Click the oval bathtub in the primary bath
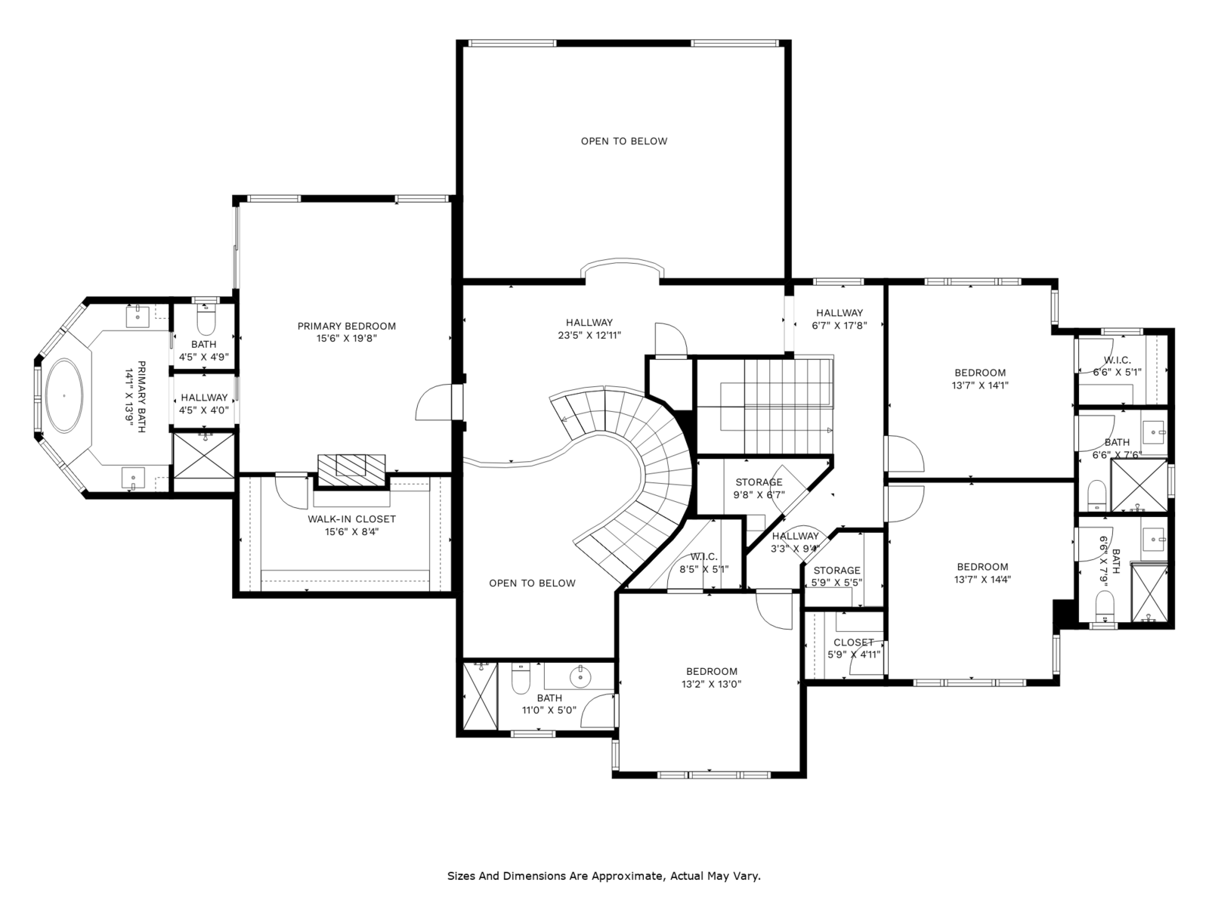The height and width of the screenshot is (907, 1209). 64,395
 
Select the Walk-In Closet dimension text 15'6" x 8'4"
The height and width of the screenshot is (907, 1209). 351,531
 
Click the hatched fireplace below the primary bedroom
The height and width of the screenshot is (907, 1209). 351,469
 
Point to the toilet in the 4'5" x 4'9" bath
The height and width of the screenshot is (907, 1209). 206,319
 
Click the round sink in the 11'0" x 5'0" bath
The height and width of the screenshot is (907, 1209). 580,676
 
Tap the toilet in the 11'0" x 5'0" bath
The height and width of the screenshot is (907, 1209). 521,679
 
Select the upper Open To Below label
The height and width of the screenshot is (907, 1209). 623,141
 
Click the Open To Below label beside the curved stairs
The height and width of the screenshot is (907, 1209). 532,584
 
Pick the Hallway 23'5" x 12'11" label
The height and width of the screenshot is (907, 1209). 589,329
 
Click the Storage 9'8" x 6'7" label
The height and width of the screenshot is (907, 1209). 759,488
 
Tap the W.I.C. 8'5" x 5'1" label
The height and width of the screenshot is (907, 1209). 703,563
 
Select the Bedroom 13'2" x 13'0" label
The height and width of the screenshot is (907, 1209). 711,678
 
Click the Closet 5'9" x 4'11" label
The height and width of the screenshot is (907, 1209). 854,649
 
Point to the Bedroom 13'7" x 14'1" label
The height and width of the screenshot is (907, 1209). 980,379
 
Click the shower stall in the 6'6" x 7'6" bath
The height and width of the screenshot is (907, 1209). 1139,485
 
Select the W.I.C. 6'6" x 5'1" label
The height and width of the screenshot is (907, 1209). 1117,366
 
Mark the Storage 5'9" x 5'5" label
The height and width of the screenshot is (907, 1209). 836,576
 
